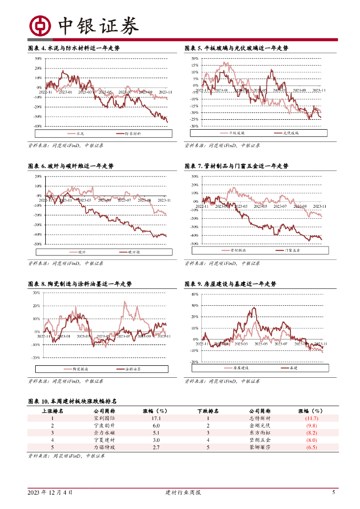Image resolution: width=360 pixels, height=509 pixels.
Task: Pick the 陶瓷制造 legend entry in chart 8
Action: [x=79, y=369]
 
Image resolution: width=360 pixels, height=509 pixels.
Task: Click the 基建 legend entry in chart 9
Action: [x=286, y=368]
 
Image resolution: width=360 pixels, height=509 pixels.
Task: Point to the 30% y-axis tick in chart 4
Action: [x=38, y=58]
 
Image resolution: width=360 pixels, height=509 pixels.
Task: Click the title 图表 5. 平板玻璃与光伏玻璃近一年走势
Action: [x=236, y=48]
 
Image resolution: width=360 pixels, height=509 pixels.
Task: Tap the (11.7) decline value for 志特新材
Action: [x=311, y=419]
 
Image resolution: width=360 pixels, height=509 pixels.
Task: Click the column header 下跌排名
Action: [x=208, y=411]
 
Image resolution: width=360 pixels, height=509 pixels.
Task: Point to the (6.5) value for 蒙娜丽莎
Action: [x=311, y=447]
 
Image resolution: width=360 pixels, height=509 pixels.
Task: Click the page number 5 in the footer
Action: [x=334, y=493]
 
